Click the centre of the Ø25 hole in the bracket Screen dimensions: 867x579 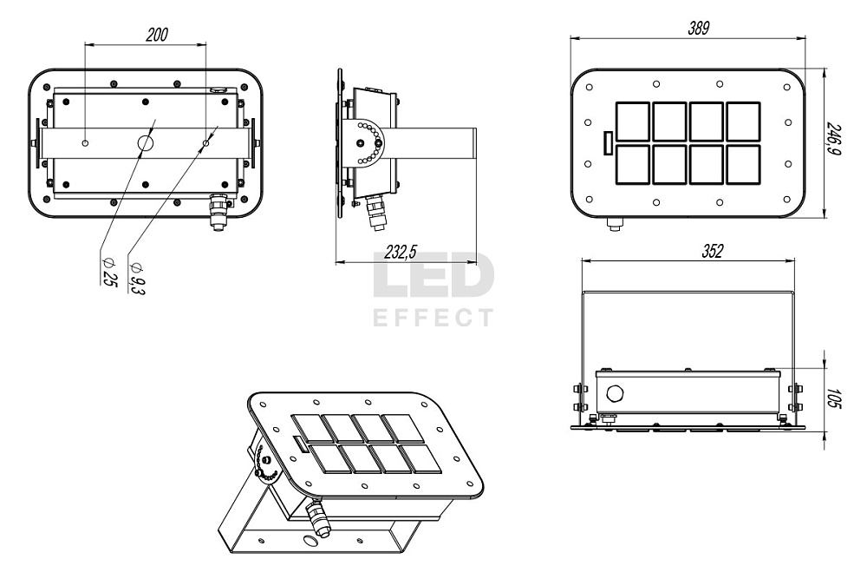click(x=146, y=143)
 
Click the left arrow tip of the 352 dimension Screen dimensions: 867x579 click(x=582, y=260)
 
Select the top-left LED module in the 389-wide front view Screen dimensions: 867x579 click(x=633, y=121)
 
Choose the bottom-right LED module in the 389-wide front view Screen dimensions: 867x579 click(x=743, y=164)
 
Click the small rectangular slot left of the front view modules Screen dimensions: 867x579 click(x=608, y=143)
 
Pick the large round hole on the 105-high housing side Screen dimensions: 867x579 click(x=615, y=394)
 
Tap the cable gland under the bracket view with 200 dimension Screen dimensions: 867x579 click(x=218, y=211)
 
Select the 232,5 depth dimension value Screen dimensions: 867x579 click(x=401, y=252)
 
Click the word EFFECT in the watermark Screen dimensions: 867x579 click(x=433, y=318)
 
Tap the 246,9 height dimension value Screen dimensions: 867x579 click(x=836, y=140)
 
